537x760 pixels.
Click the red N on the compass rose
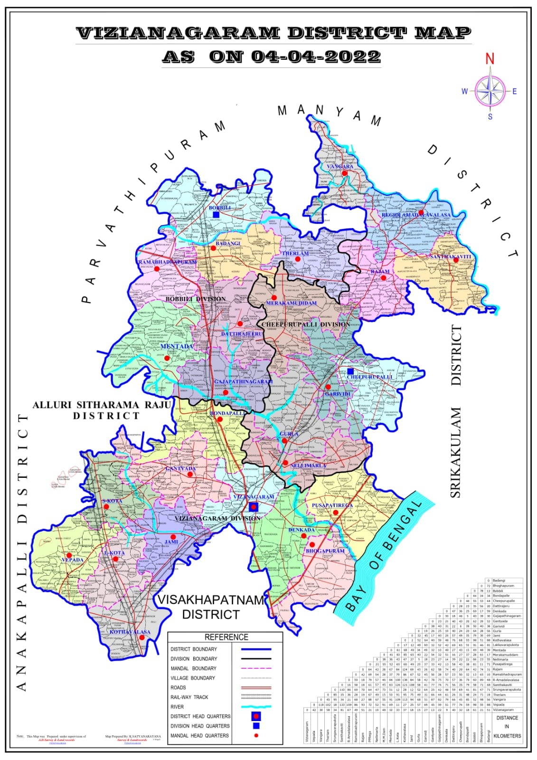pyautogui.click(x=490, y=59)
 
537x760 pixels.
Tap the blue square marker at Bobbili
pyautogui.click(x=216, y=215)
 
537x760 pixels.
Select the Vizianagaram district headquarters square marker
pyautogui.click(x=254, y=506)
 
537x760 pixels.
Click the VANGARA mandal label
pyautogui.click(x=340, y=167)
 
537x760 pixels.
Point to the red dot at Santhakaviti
pyautogui.click(x=455, y=260)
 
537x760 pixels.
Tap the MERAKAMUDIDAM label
pyautogui.click(x=291, y=303)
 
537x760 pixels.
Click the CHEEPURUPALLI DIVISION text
pyautogui.click(x=306, y=324)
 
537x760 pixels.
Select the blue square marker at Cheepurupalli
pyautogui.click(x=350, y=371)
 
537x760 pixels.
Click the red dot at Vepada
pyautogui.click(x=69, y=555)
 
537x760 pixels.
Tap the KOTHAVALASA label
pyautogui.click(x=130, y=632)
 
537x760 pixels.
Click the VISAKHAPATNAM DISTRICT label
pyautogui.click(x=211, y=607)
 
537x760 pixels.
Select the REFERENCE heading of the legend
pyautogui.click(x=226, y=637)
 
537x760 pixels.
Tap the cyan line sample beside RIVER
pyautogui.click(x=256, y=707)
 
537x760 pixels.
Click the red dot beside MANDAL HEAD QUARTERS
pyautogui.click(x=256, y=735)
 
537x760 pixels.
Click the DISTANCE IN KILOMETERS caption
pyautogui.click(x=507, y=726)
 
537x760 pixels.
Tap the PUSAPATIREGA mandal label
pyautogui.click(x=332, y=505)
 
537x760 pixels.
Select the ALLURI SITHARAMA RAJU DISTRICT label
pyautogui.click(x=86, y=410)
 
